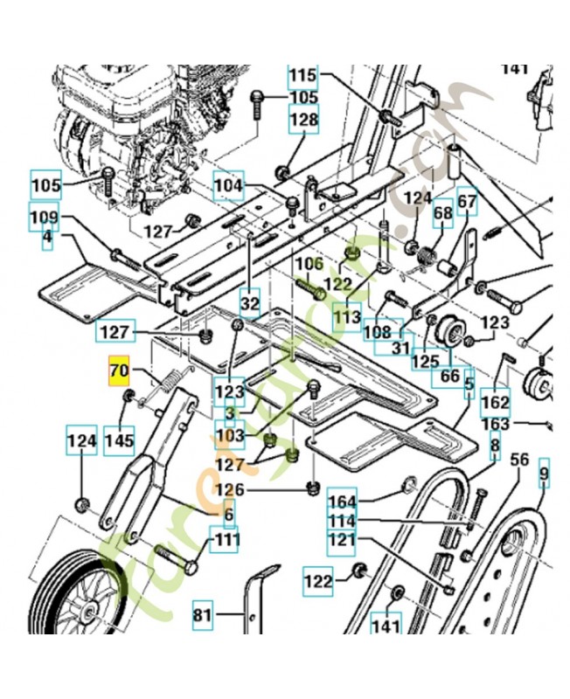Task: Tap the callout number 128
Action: click(303, 120)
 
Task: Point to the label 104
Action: click(228, 185)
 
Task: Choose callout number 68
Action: click(443, 212)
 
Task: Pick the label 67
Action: click(468, 203)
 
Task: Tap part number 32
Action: click(250, 304)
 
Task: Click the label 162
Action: click(496, 404)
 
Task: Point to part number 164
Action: click(342, 502)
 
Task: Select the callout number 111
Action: click(226, 541)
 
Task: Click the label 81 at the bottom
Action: click(203, 616)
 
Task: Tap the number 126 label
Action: click(230, 489)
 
